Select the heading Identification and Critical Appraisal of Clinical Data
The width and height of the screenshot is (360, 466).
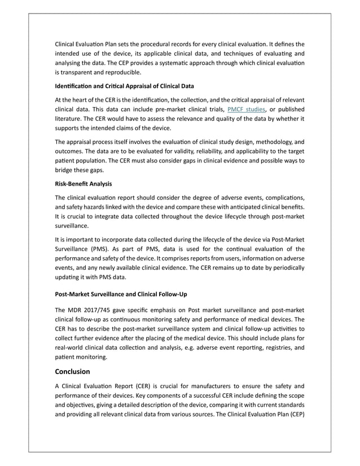coord(124,86)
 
